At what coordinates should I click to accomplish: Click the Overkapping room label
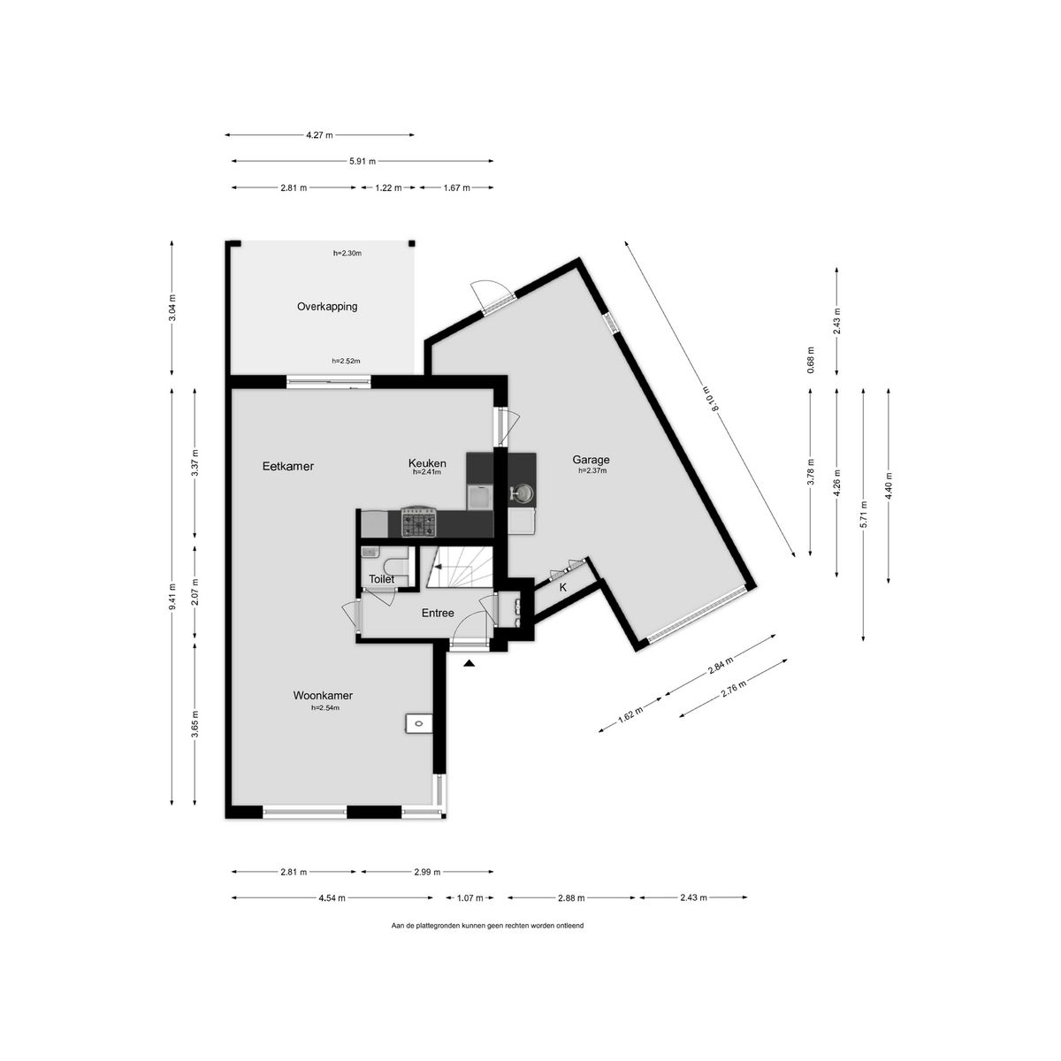click(327, 307)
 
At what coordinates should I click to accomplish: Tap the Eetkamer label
click(288, 466)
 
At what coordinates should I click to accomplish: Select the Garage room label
click(591, 460)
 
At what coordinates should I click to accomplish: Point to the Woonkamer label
click(323, 696)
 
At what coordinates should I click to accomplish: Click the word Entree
click(438, 613)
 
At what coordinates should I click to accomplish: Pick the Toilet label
click(382, 579)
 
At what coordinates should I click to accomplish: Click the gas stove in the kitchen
click(418, 523)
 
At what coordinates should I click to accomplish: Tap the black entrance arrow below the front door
click(469, 664)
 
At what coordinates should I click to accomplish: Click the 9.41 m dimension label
click(172, 596)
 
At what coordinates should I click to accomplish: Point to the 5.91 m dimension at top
click(363, 161)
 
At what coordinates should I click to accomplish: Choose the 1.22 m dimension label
click(388, 187)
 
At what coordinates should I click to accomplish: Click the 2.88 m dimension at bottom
click(571, 898)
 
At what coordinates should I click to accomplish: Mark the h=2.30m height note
click(347, 253)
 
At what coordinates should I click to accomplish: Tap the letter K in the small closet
click(562, 587)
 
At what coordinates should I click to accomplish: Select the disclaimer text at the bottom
click(487, 926)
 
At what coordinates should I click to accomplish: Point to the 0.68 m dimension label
click(811, 360)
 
